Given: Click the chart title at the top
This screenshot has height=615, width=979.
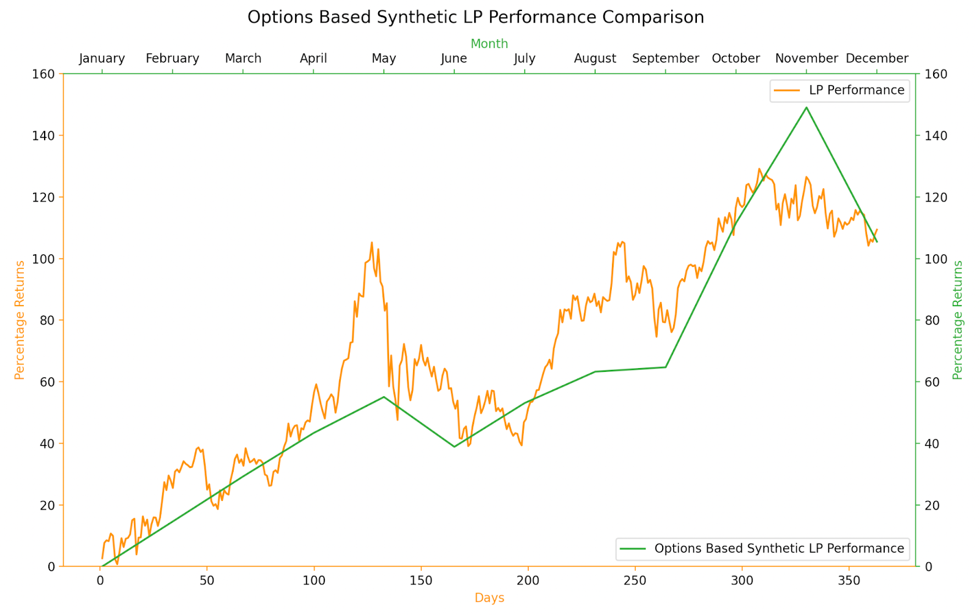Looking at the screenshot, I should click(475, 17).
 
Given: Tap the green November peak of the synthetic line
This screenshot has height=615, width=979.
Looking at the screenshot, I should click(806, 108).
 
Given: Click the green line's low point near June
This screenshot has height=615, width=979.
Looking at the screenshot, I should click(454, 447).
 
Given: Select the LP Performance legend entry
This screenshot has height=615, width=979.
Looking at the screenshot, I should click(839, 91).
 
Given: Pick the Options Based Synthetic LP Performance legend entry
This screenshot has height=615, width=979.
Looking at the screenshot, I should click(762, 549).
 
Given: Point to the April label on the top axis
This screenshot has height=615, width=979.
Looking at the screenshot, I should click(313, 59).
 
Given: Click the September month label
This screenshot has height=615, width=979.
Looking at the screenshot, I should click(665, 59).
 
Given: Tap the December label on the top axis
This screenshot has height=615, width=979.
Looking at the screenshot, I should click(877, 59).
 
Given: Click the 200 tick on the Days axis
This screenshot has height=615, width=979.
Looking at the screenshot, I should click(528, 581).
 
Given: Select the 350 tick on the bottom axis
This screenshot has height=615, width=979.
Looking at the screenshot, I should click(849, 581).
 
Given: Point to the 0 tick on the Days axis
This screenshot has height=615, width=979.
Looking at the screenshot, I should click(100, 581).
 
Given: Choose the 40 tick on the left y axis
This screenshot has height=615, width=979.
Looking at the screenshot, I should click(47, 443).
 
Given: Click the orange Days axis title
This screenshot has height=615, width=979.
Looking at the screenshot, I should click(489, 598).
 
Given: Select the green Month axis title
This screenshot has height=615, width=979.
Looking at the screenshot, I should click(489, 44).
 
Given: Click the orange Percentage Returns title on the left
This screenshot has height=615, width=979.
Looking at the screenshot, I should click(20, 320).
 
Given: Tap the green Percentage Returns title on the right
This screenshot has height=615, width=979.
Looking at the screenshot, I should click(958, 320).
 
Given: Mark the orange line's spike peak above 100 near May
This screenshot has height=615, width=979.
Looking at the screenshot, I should click(371, 243).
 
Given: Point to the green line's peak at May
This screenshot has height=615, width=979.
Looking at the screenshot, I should click(384, 397).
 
